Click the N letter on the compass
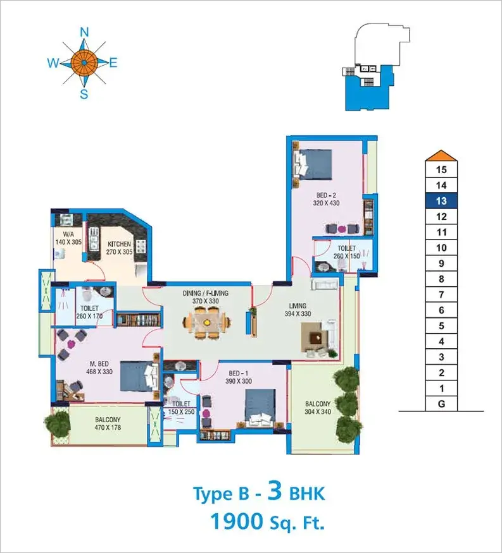tap(84, 32)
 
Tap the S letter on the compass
tap(84, 94)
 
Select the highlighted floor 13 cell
tap(441, 201)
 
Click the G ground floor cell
tap(441, 404)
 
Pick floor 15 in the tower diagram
tap(441, 169)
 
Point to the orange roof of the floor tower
tap(441, 155)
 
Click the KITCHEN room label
tap(119, 244)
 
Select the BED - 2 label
tap(326, 195)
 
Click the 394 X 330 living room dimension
tap(298, 314)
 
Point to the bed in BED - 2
tap(313, 164)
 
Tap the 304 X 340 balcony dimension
tap(318, 411)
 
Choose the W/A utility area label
tap(68, 234)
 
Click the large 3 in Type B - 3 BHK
tap(275, 492)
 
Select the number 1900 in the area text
tap(237, 521)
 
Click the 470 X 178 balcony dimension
tap(108, 427)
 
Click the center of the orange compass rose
tap(84, 63)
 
